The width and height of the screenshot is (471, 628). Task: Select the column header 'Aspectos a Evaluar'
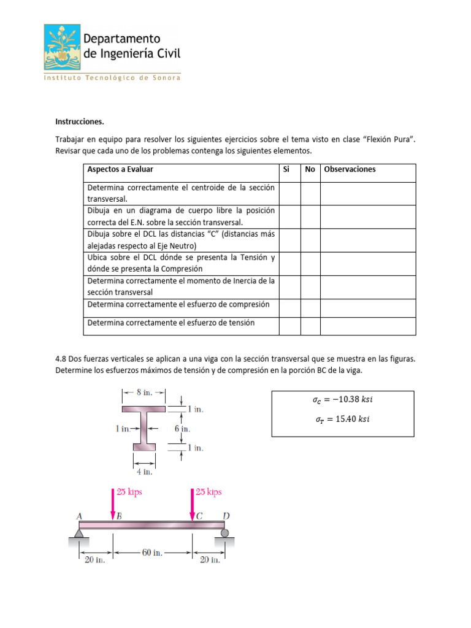pyautogui.click(x=120, y=169)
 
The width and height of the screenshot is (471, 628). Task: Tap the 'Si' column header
pyautogui.click(x=286, y=169)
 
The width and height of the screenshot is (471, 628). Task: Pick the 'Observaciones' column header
pyautogui.click(x=350, y=169)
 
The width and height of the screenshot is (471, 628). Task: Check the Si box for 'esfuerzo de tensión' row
pyautogui.click(x=289, y=326)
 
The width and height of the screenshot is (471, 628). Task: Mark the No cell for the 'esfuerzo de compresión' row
pyautogui.click(x=310, y=308)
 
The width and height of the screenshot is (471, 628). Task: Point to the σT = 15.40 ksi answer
pyautogui.click(x=342, y=420)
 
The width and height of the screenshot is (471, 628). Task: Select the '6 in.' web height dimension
pyautogui.click(x=182, y=429)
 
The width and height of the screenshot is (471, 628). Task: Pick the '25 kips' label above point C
pyautogui.click(x=209, y=492)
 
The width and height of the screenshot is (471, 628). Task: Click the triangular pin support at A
pyautogui.click(x=79, y=532)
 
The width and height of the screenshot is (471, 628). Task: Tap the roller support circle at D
pyautogui.click(x=225, y=533)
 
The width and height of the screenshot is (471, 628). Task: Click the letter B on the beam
pyautogui.click(x=119, y=516)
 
